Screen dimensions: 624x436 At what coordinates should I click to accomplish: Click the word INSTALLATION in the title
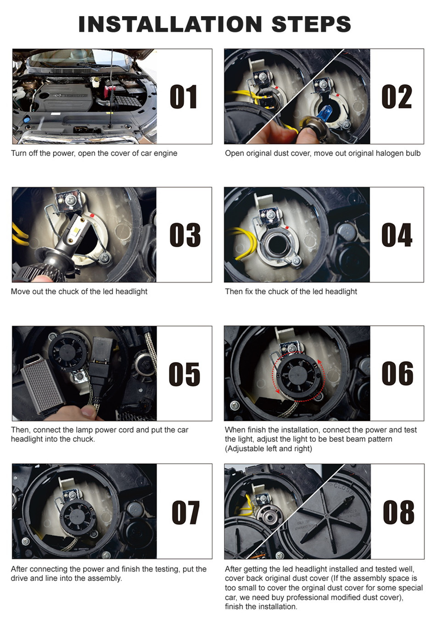(170, 24)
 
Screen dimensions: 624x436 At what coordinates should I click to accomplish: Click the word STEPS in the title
(311, 24)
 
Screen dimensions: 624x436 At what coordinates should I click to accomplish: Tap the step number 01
(184, 97)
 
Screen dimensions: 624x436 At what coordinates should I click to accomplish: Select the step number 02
(397, 97)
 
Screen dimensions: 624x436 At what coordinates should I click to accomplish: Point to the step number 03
(184, 235)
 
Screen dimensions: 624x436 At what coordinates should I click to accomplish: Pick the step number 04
(397, 235)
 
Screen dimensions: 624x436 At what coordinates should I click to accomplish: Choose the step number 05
(184, 374)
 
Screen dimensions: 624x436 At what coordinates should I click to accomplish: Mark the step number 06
(397, 373)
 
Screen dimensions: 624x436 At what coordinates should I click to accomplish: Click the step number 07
(185, 512)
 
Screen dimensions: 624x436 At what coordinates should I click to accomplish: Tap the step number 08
(398, 512)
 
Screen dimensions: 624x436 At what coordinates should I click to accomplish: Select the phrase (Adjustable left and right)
(268, 449)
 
